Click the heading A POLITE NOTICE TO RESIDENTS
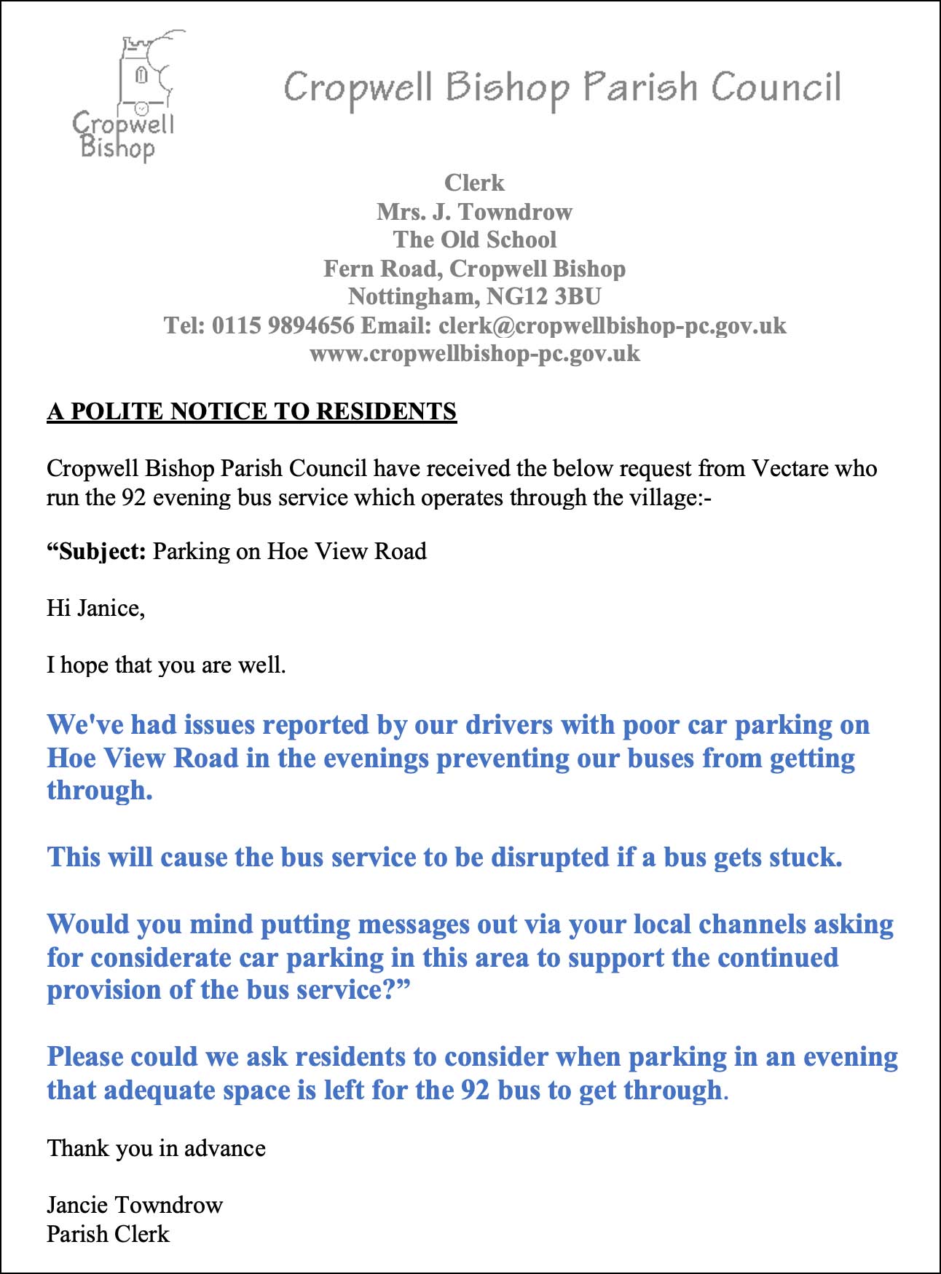(x=251, y=411)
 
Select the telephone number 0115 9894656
(x=283, y=325)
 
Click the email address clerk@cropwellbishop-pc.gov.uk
(x=612, y=325)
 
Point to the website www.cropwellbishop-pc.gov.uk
(x=474, y=354)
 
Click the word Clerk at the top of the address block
(x=474, y=183)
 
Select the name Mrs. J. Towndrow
(x=474, y=212)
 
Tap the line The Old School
(x=474, y=240)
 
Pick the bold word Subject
(x=99, y=551)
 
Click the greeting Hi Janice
(x=95, y=608)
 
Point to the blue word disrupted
(x=549, y=857)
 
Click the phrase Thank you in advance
(x=156, y=1148)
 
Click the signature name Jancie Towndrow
(x=134, y=1205)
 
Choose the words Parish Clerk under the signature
(x=108, y=1234)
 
